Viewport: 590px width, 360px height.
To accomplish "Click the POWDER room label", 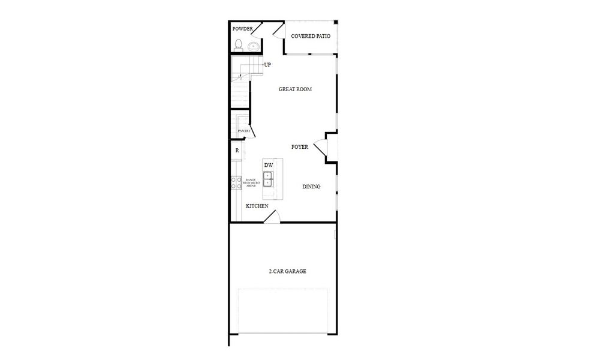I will point(243,29).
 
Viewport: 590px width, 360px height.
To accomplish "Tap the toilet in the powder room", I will point(239,44).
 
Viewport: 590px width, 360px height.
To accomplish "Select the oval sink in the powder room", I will point(253,46).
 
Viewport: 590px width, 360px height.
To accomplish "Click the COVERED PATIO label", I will point(311,36).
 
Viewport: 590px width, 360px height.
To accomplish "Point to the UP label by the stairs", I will point(267,65).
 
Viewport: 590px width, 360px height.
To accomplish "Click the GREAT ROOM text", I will point(295,89).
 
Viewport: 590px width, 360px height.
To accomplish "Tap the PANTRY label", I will point(243,131).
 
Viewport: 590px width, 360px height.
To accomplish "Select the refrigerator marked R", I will point(237,151).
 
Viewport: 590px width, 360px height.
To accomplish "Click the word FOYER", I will point(300,147).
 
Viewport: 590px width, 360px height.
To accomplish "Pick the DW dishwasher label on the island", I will point(269,165).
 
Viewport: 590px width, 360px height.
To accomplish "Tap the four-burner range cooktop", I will point(236,183).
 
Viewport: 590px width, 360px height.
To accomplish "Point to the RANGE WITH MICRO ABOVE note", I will point(251,183).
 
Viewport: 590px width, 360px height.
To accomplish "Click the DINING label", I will point(311,187).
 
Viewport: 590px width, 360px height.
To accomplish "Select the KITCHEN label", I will point(257,206).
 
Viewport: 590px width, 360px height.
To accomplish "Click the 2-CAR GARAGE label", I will point(287,271).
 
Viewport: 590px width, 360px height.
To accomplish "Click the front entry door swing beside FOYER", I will point(320,147).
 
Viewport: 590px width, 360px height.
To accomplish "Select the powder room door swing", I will point(277,31).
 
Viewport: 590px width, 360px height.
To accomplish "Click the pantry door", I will point(253,127).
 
